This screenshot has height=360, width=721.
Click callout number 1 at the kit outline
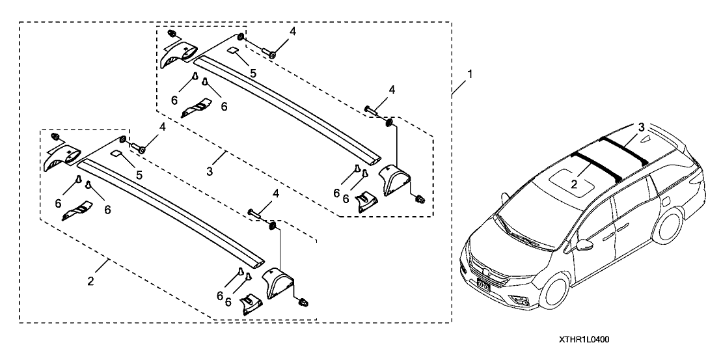(470, 74)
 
